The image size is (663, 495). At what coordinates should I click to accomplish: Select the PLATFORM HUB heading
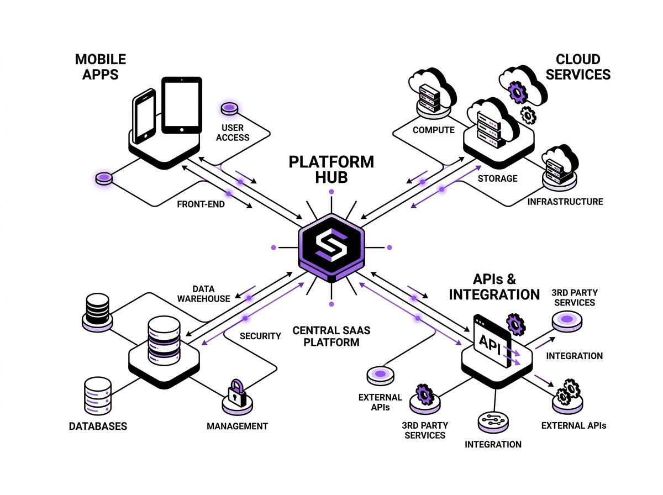tap(331, 170)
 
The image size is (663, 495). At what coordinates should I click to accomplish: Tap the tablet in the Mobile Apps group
tap(182, 105)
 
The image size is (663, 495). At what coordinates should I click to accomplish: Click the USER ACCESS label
tap(233, 133)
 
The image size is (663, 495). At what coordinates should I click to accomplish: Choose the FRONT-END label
tap(201, 204)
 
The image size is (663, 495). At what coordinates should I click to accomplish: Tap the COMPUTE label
tap(434, 130)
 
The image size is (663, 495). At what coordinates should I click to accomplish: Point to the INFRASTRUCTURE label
tap(565, 202)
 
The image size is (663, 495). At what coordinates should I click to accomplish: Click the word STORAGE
tap(497, 178)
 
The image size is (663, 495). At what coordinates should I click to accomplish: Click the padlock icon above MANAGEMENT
tap(236, 393)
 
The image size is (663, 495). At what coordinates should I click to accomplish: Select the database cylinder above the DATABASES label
tap(98, 396)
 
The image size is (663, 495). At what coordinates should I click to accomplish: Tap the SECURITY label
tap(260, 336)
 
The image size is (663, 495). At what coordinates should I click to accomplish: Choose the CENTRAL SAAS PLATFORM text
tap(331, 336)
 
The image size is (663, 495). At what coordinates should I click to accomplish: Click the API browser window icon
tap(492, 340)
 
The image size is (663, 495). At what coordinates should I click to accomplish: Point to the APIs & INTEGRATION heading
tap(494, 286)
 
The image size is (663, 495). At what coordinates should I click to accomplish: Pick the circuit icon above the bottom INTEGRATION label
tap(492, 422)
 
